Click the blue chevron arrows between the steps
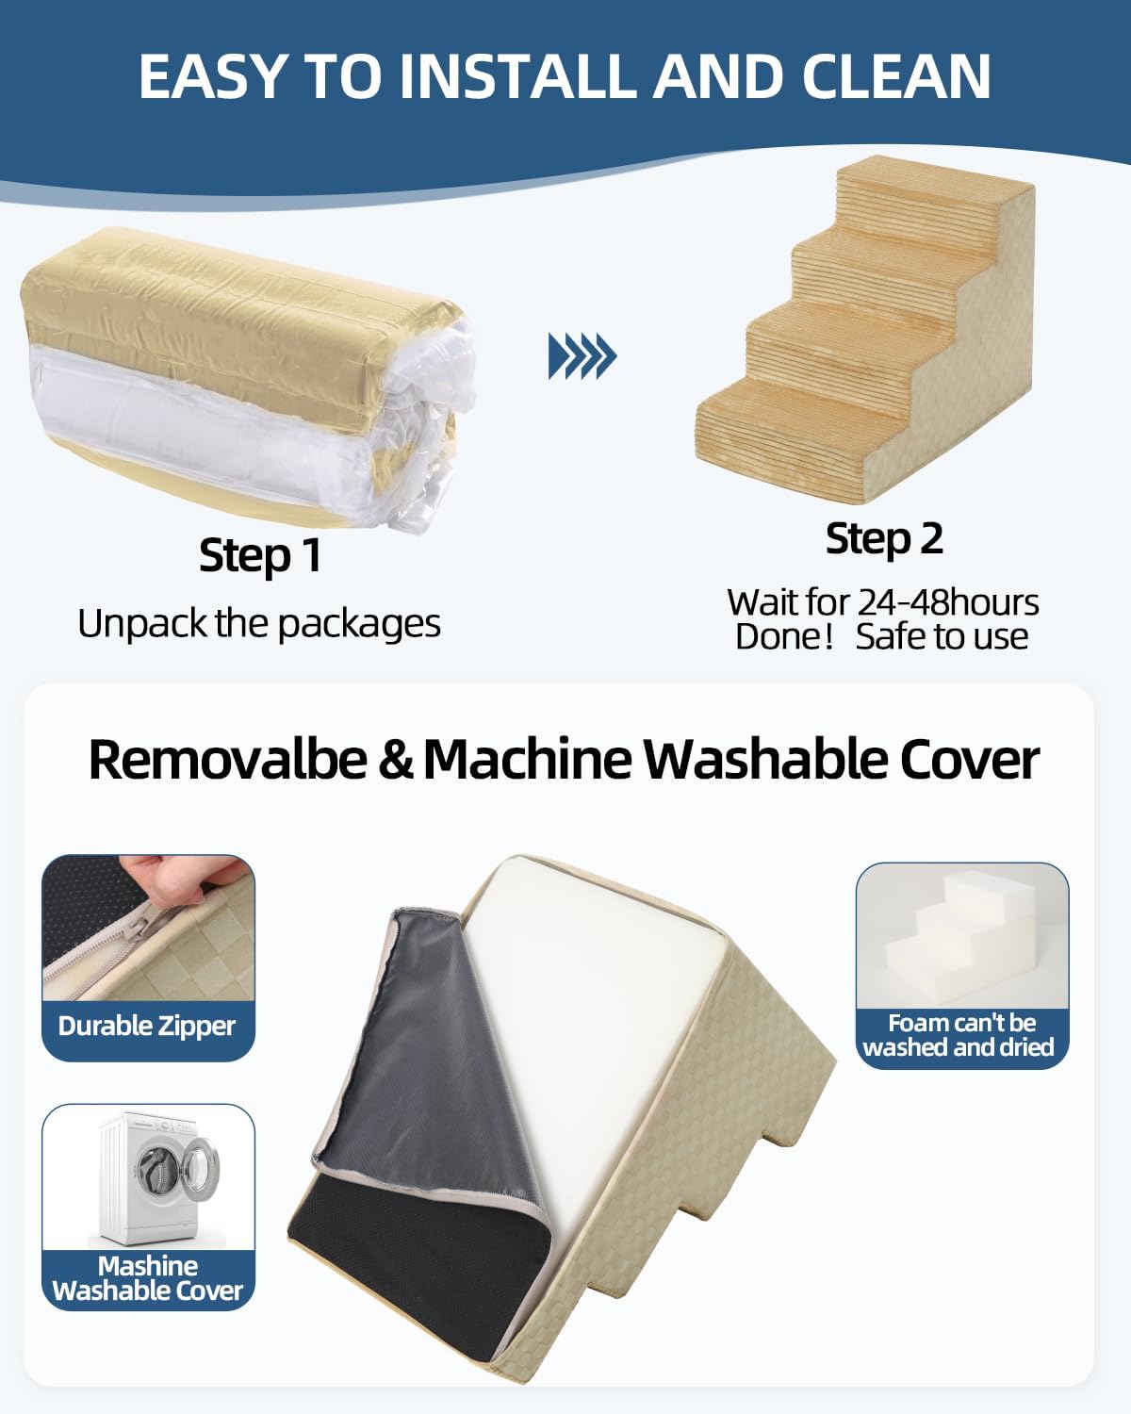pos(582,356)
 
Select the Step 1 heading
pos(260,555)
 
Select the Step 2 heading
pos(884,539)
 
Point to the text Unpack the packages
pos(259,624)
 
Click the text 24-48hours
pos(947,602)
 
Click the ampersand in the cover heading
pos(396,760)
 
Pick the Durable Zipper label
pos(147,1026)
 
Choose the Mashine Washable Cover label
pos(148,1278)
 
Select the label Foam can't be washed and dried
pos(960,1035)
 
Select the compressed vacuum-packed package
pos(245,377)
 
